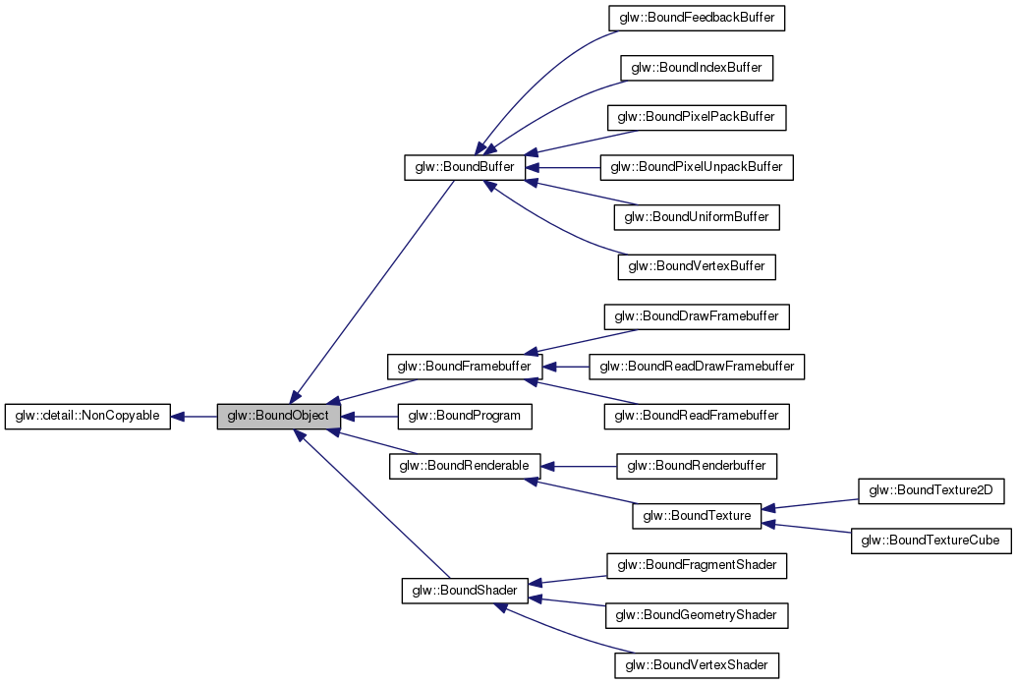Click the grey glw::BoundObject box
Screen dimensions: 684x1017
(x=279, y=417)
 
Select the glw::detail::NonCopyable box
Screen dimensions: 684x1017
(x=87, y=417)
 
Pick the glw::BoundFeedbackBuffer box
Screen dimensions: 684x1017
(x=697, y=18)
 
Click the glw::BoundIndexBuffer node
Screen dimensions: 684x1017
(x=697, y=68)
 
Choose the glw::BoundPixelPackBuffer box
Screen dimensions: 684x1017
(x=697, y=117)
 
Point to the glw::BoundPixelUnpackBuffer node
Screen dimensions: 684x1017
(x=697, y=167)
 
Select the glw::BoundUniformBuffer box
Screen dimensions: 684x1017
(x=697, y=217)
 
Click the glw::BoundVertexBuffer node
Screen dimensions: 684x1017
(x=697, y=266)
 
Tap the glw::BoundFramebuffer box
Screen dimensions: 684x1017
(x=464, y=367)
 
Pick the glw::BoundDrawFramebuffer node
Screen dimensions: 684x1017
(x=697, y=316)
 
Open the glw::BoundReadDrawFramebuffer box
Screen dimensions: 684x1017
(x=697, y=367)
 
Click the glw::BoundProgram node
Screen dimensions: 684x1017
(x=464, y=417)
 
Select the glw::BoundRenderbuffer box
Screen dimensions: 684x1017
(x=697, y=466)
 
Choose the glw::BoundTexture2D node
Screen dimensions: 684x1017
(x=932, y=491)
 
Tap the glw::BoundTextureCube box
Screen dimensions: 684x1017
(x=932, y=541)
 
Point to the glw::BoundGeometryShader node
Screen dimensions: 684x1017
(x=697, y=615)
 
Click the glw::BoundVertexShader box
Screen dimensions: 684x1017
(x=697, y=665)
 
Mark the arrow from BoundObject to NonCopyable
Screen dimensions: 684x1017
(x=194, y=417)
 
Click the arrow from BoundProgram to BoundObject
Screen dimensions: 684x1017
(x=368, y=417)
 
